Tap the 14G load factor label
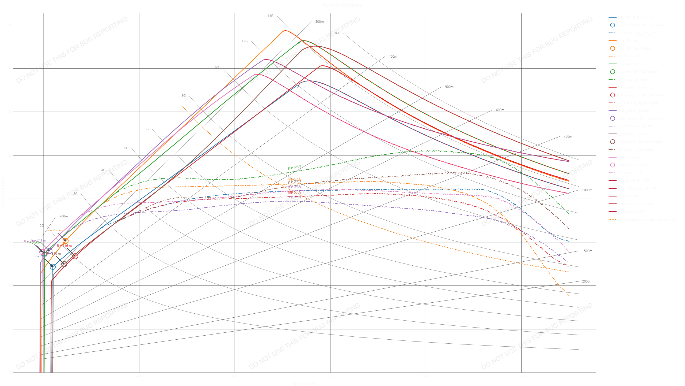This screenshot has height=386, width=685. pos(270,16)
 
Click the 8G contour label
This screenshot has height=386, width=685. pos(183,96)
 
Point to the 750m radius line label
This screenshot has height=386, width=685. pos(568,136)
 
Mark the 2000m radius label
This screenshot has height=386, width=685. pos(587,281)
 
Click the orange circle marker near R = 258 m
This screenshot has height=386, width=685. pos(66,241)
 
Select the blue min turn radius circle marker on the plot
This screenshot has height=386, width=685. pos(53,267)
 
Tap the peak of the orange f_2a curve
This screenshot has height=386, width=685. pos(284,31)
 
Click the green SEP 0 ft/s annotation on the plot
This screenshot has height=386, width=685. pos(294,167)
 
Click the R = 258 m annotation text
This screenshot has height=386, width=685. pos(55,230)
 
